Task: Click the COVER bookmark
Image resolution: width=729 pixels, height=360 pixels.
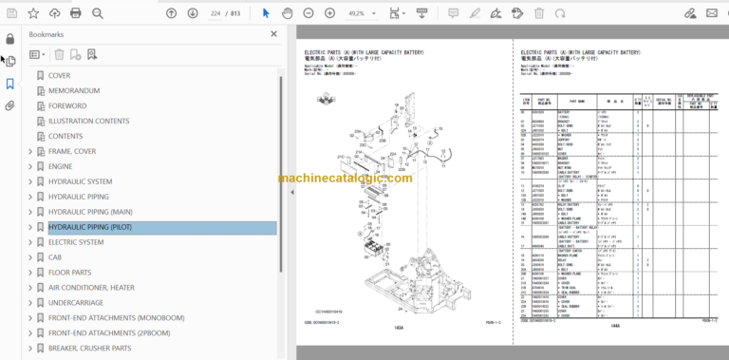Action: pyautogui.click(x=59, y=76)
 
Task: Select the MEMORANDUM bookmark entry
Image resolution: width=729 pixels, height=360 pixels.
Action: pyautogui.click(x=74, y=91)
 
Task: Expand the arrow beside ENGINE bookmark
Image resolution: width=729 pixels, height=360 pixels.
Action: pyautogui.click(x=30, y=166)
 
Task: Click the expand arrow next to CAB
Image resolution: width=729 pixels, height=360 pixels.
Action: pyautogui.click(x=30, y=257)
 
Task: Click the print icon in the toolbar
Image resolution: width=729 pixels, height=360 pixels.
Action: pyautogui.click(x=75, y=13)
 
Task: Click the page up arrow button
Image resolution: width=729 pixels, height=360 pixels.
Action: pyautogui.click(x=171, y=13)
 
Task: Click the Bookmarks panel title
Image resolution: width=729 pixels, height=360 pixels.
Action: pyautogui.click(x=47, y=33)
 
